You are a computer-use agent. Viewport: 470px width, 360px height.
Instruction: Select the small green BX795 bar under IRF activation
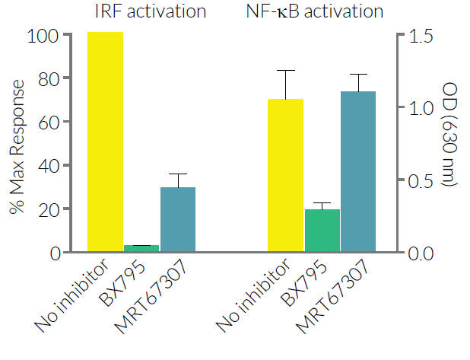(141, 248)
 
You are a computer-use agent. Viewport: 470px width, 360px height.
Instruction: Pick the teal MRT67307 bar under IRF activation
(177, 220)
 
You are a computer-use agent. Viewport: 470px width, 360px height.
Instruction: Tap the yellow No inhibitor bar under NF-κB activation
(286, 176)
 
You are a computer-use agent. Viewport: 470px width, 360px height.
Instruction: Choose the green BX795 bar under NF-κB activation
(322, 231)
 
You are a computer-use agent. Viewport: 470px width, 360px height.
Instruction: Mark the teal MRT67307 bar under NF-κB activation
(358, 172)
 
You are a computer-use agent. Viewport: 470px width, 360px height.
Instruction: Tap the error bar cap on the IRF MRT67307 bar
(177, 174)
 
